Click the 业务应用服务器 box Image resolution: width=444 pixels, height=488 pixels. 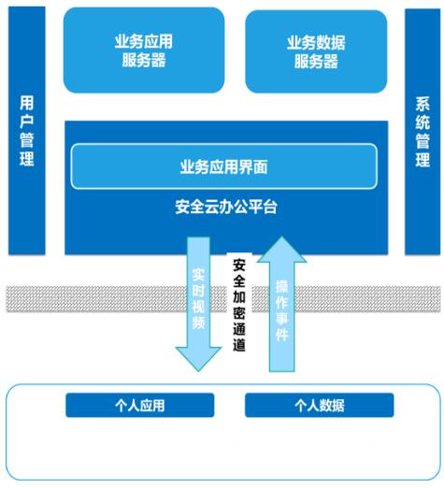click(x=144, y=50)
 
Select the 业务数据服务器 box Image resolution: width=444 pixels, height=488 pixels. click(x=316, y=51)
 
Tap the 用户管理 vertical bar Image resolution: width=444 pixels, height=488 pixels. click(x=27, y=131)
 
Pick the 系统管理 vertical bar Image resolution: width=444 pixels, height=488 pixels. click(x=423, y=132)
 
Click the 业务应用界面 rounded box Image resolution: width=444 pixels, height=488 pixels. click(x=224, y=166)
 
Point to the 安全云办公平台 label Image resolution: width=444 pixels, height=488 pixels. click(x=226, y=207)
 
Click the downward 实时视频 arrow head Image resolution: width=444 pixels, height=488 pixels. click(x=198, y=358)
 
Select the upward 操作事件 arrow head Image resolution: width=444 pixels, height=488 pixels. click(x=282, y=250)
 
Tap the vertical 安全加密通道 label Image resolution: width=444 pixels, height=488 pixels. click(x=239, y=306)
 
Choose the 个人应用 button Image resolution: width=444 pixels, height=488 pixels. click(x=140, y=405)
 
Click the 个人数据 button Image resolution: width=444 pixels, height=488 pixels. click(x=320, y=405)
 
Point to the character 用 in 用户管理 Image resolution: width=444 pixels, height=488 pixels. click(x=27, y=103)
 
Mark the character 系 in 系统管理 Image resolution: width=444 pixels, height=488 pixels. click(x=423, y=104)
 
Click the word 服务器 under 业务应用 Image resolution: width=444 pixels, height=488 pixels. click(x=144, y=60)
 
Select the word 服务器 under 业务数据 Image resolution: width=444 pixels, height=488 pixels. click(x=316, y=62)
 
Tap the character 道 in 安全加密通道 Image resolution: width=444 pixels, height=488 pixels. click(x=239, y=345)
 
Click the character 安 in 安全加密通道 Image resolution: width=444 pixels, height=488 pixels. click(x=239, y=266)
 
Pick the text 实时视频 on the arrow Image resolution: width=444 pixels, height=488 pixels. click(x=198, y=299)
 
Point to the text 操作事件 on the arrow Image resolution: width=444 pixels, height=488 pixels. click(x=282, y=310)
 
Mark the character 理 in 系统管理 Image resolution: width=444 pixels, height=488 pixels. click(x=423, y=160)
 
